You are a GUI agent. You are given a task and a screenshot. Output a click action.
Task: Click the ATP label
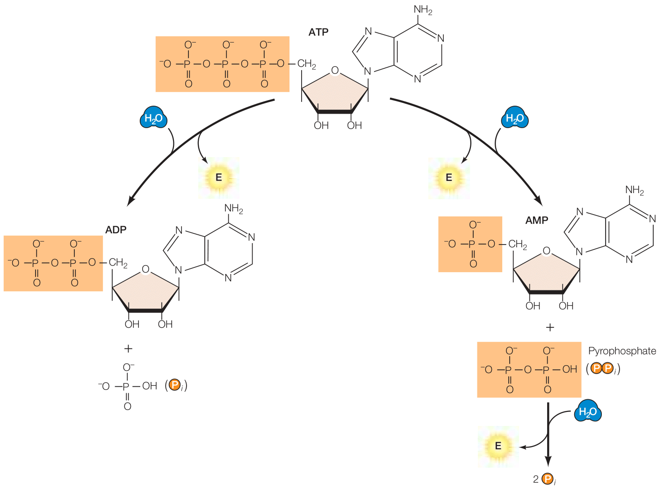click(x=318, y=32)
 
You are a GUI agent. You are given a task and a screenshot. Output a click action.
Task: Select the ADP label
click(x=116, y=230)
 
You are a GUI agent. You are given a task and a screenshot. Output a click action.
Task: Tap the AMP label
click(x=536, y=220)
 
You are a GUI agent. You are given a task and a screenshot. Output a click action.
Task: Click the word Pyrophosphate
click(x=622, y=351)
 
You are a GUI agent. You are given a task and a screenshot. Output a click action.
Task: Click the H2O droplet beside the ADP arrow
click(x=153, y=119)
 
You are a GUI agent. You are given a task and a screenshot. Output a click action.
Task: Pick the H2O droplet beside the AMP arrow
click(x=515, y=118)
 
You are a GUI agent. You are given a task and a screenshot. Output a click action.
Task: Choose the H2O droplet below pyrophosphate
click(x=588, y=411)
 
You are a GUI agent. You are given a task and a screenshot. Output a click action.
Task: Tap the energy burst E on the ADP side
click(x=218, y=178)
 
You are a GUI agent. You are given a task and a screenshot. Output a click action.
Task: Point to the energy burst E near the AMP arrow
click(x=449, y=178)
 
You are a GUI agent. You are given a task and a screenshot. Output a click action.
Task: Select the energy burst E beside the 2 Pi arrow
click(x=498, y=446)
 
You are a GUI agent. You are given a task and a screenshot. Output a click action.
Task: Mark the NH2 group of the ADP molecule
click(x=233, y=209)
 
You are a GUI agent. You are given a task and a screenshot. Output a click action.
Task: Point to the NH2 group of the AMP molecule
click(x=635, y=190)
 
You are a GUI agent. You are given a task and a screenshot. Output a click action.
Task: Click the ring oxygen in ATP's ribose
click(x=335, y=71)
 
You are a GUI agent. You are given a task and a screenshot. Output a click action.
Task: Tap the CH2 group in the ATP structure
click(x=307, y=64)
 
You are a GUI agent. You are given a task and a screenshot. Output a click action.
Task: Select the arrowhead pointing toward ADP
click(x=131, y=201)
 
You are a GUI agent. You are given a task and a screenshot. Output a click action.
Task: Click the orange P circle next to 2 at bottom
click(x=548, y=479)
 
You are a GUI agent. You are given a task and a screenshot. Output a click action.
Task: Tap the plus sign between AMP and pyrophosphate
click(x=550, y=327)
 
